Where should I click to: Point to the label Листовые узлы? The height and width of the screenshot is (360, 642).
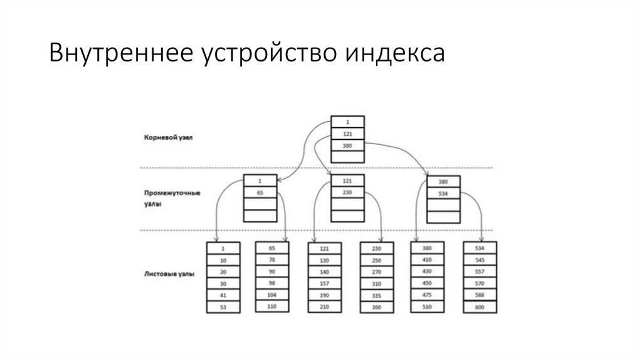167,274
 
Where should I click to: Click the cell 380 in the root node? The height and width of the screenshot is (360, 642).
348,146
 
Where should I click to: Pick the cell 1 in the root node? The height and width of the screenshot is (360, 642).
348,122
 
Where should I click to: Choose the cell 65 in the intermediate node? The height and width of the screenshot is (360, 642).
260,193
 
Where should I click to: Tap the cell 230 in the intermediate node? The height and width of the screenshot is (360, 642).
348,193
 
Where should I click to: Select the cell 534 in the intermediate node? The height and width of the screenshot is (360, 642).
443,193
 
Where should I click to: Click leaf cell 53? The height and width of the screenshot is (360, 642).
223,307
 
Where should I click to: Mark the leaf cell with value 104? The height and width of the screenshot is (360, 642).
271,294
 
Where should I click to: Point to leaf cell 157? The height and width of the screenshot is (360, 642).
324,283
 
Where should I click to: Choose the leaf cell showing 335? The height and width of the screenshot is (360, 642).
376,295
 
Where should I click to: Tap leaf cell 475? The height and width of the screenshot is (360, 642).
428,295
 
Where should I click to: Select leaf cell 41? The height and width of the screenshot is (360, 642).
223,295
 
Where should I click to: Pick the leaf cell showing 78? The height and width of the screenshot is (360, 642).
271,260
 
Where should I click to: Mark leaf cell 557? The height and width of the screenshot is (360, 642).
480,272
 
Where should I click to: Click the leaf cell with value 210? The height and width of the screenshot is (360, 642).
324,307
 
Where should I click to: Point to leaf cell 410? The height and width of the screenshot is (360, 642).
428,260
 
